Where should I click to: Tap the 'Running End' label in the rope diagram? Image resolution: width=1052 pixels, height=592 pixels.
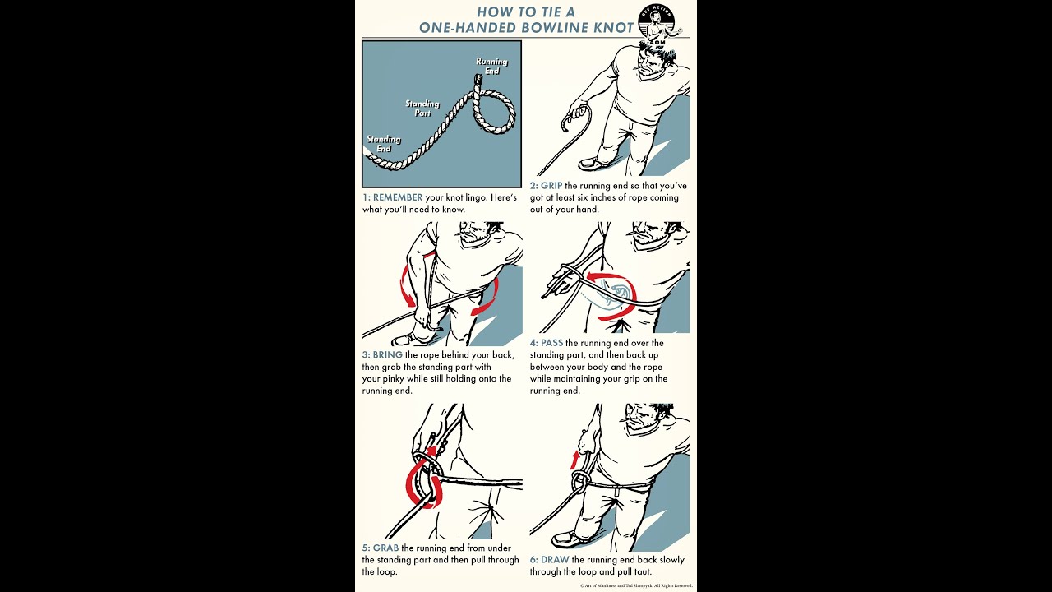(491, 67)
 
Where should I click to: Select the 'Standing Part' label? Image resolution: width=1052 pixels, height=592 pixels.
(422, 108)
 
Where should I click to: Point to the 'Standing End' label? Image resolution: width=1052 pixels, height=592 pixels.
(384, 144)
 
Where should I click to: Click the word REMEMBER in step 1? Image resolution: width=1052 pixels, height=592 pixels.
(398, 197)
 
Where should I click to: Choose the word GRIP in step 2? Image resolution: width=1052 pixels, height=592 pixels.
(551, 186)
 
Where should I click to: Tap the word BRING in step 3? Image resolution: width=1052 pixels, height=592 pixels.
(387, 354)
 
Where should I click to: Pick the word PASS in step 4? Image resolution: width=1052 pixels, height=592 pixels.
(551, 343)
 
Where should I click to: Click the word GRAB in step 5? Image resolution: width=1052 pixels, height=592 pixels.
(385, 548)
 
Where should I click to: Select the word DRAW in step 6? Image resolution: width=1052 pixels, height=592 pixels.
(555, 560)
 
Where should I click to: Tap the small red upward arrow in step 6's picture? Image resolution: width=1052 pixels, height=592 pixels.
(574, 459)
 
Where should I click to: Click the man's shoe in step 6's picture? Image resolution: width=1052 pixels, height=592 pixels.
(568, 539)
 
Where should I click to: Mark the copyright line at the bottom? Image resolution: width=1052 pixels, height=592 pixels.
(636, 586)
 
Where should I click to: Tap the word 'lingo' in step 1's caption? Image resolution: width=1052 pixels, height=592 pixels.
(476, 198)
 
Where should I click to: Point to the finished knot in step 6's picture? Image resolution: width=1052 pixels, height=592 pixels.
(580, 481)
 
